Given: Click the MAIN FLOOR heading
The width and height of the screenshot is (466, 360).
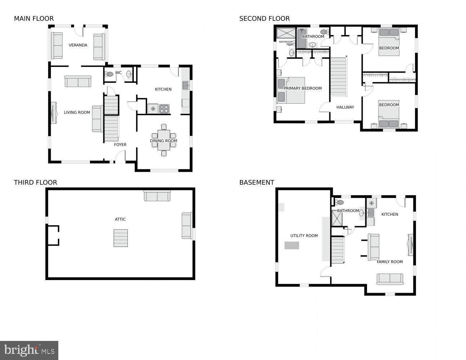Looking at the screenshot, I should pos(34,19).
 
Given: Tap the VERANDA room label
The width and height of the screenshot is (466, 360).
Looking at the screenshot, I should pos(78,45).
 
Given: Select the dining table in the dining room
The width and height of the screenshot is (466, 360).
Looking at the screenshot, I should pos(164,140).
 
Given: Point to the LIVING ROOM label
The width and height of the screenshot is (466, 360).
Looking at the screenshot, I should pos(77,113).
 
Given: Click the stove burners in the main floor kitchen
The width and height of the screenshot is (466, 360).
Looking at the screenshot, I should pos(164,108).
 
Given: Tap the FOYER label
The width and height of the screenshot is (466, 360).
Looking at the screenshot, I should pos(120,145).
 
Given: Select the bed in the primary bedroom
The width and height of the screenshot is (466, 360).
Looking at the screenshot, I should pos(291,90).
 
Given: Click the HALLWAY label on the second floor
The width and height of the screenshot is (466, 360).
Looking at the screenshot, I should pos(345,107).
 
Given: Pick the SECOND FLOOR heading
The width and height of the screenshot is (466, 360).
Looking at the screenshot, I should pos(264,19).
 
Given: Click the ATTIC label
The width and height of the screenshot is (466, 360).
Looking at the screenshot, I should pos(120,219).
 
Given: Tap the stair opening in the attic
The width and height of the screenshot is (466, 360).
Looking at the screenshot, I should pos(121,238).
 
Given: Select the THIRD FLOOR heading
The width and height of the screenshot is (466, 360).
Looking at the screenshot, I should pos(35,183).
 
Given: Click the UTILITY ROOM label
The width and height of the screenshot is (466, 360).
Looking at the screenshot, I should pos(304,236).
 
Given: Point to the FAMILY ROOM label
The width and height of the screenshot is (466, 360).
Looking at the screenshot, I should pos(390,262).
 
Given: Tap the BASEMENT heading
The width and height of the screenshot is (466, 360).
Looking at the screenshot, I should pos(257,183).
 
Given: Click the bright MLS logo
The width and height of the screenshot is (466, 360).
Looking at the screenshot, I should pos(29,350).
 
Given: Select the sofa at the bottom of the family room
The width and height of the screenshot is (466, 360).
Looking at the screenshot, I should pos(390,279).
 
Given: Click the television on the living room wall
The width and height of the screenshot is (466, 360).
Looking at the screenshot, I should pos(54,113).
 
